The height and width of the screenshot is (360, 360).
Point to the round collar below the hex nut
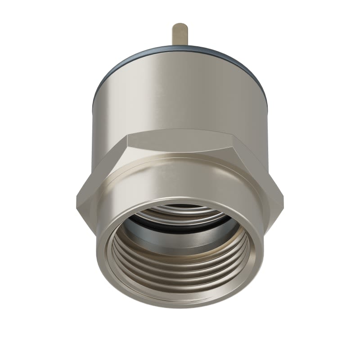(180, 189)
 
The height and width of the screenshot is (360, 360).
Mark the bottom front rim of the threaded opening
(180, 301)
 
